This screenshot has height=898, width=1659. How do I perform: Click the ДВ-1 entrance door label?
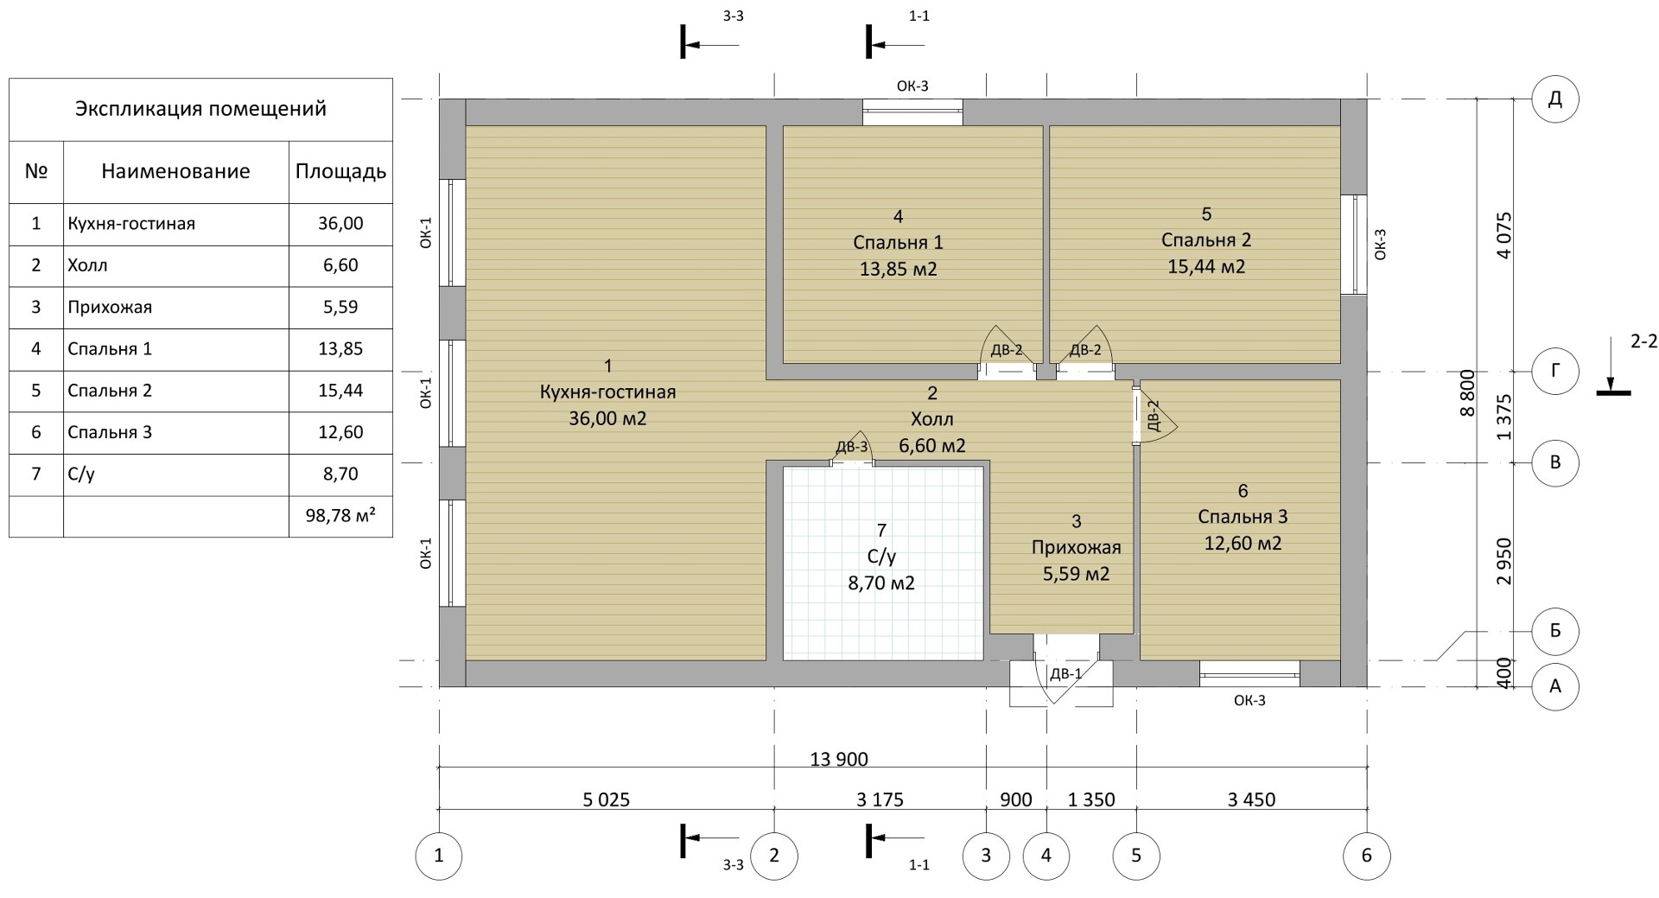[x=1065, y=674]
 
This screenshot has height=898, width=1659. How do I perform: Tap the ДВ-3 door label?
[x=851, y=447]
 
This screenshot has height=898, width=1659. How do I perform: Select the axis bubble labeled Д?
[x=1555, y=99]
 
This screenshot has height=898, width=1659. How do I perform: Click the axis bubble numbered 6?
[x=1366, y=856]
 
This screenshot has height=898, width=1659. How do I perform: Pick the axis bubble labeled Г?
[x=1555, y=372]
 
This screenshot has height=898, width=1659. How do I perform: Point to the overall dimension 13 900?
[x=839, y=759]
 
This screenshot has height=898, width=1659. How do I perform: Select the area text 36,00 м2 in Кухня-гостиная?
[x=607, y=418]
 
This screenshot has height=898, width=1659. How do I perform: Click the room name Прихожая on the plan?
[x=1076, y=547]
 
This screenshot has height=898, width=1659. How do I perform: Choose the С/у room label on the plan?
[x=880, y=557]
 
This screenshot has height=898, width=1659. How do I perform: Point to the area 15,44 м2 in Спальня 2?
[x=1206, y=266]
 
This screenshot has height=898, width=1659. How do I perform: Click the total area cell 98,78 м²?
[x=340, y=516]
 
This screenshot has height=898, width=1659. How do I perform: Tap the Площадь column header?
[x=340, y=171]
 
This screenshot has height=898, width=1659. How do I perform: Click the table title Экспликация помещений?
[x=200, y=109]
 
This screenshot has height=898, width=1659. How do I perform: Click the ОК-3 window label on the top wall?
[x=912, y=86]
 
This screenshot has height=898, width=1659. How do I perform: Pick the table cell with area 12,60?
[x=340, y=432]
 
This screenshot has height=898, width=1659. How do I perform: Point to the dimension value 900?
[x=1016, y=799]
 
